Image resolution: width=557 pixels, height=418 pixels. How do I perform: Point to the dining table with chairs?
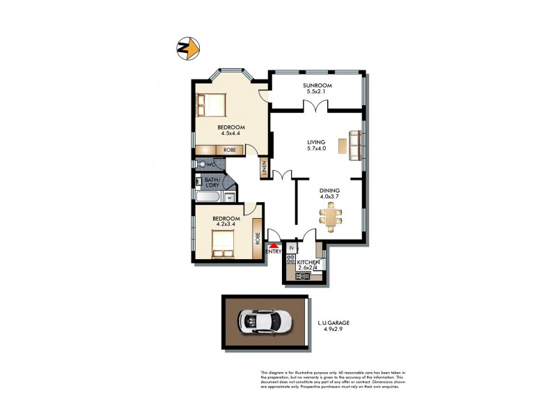coord(331,215)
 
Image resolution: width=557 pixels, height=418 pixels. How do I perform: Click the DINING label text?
coord(329,189)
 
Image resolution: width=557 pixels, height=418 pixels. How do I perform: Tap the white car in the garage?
coord(264,321)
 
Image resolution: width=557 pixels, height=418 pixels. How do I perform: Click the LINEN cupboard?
coord(265,168)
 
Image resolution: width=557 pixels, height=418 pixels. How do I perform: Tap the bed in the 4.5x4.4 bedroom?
coord(211,104)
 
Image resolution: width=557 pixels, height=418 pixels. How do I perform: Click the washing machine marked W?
coord(229,196)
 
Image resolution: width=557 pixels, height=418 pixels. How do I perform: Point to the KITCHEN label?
coord(303,262)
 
